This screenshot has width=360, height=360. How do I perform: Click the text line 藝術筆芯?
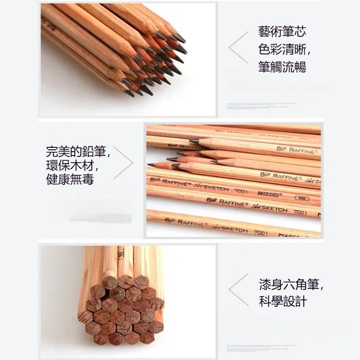click(x=282, y=32)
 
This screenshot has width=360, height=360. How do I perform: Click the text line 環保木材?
click(x=72, y=166)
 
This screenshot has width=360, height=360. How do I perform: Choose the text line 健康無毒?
click(x=70, y=180)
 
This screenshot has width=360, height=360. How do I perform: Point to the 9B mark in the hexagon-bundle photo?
click(x=120, y=253)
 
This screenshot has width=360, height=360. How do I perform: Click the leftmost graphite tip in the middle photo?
click(x=151, y=165)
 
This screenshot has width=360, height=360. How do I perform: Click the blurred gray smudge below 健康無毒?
click(x=100, y=219)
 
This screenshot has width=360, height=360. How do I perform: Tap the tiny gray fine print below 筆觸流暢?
click(x=261, y=104)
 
